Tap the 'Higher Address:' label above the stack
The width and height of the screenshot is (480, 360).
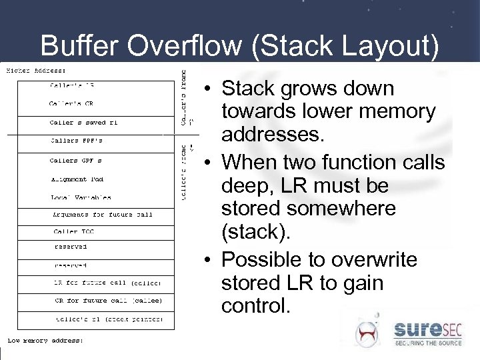point(36,70)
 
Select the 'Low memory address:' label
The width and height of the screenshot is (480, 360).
point(45,340)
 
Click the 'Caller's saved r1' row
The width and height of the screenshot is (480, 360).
point(83,123)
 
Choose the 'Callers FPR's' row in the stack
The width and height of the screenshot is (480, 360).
point(77,141)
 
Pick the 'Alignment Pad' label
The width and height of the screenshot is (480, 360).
point(77,179)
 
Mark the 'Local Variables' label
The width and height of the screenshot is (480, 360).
point(81,197)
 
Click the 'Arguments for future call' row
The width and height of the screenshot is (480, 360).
point(103,215)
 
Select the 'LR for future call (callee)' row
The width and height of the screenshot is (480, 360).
point(107,283)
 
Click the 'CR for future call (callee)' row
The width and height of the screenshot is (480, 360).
point(107,301)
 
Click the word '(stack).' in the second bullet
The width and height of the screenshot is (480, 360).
point(253,232)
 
